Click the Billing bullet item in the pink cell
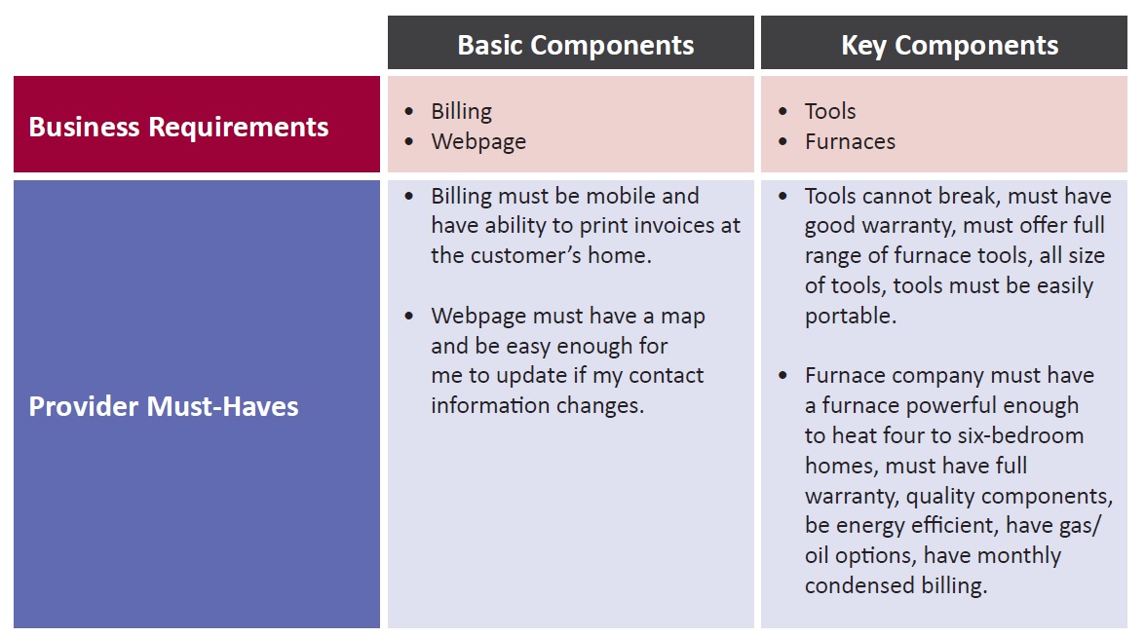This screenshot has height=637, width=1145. click(x=462, y=112)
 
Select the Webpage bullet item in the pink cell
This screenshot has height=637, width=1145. click(x=478, y=141)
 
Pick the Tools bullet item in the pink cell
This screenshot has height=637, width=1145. click(x=830, y=111)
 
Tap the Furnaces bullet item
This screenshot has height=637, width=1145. click(x=850, y=141)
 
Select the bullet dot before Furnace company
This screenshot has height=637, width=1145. click(x=782, y=376)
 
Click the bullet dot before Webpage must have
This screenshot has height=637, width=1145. click(x=409, y=316)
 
